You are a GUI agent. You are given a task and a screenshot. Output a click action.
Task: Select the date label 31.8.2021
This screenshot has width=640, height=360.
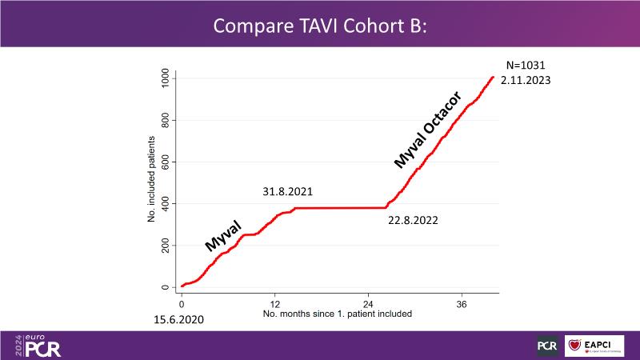pyautogui.click(x=287, y=192)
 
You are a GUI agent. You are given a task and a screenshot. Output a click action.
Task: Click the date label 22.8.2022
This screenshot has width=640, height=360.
pyautogui.click(x=412, y=220)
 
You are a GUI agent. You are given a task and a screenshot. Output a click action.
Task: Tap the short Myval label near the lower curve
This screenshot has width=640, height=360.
pyautogui.click(x=223, y=238)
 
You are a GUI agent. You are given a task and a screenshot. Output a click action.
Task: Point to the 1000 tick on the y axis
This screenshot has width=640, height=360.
pyautogui.click(x=165, y=78)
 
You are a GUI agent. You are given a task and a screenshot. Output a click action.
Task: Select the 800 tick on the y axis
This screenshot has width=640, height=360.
pyautogui.click(x=165, y=120)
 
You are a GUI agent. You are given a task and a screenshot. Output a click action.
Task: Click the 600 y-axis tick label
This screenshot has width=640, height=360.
pyautogui.click(x=165, y=162)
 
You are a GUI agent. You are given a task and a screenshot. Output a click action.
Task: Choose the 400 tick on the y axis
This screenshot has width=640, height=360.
pyautogui.click(x=165, y=203)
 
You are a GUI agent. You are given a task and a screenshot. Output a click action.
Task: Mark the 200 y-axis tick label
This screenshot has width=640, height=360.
pyautogui.click(x=165, y=246)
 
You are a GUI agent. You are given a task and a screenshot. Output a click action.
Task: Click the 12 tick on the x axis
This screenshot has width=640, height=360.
pyautogui.click(x=275, y=305)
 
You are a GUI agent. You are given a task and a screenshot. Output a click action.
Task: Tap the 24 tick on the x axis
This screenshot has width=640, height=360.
pyautogui.click(x=369, y=305)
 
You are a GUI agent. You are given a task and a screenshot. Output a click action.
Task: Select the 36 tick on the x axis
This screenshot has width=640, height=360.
pyautogui.click(x=462, y=305)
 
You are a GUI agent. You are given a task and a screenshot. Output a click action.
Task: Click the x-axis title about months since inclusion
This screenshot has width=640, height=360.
pyautogui.click(x=338, y=314)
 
